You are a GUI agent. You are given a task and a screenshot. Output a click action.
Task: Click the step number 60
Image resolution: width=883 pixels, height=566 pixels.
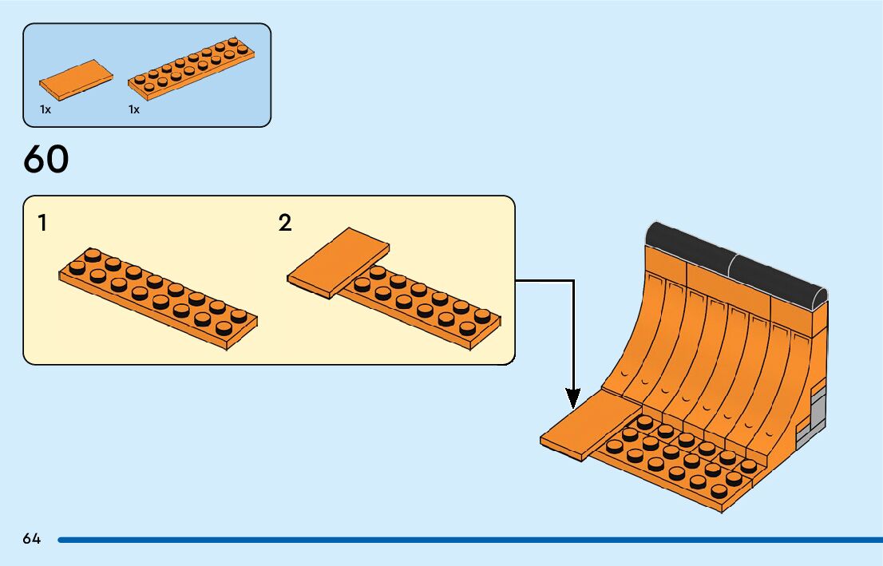(46, 160)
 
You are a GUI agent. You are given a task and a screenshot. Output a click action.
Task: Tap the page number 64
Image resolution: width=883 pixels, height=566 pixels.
(32, 539)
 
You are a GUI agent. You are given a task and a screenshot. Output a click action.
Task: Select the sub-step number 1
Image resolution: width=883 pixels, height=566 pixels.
(42, 223)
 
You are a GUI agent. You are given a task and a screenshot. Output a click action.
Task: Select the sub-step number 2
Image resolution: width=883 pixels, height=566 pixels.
(285, 223)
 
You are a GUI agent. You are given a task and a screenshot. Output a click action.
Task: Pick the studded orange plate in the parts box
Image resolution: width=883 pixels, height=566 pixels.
(192, 65)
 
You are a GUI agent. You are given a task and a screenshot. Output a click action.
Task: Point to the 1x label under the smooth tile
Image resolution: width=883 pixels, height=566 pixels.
(46, 109)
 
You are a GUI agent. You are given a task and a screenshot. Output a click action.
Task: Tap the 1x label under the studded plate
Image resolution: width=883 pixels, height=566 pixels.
(134, 109)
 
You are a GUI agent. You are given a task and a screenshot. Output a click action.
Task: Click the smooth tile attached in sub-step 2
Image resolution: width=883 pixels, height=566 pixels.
(337, 260)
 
